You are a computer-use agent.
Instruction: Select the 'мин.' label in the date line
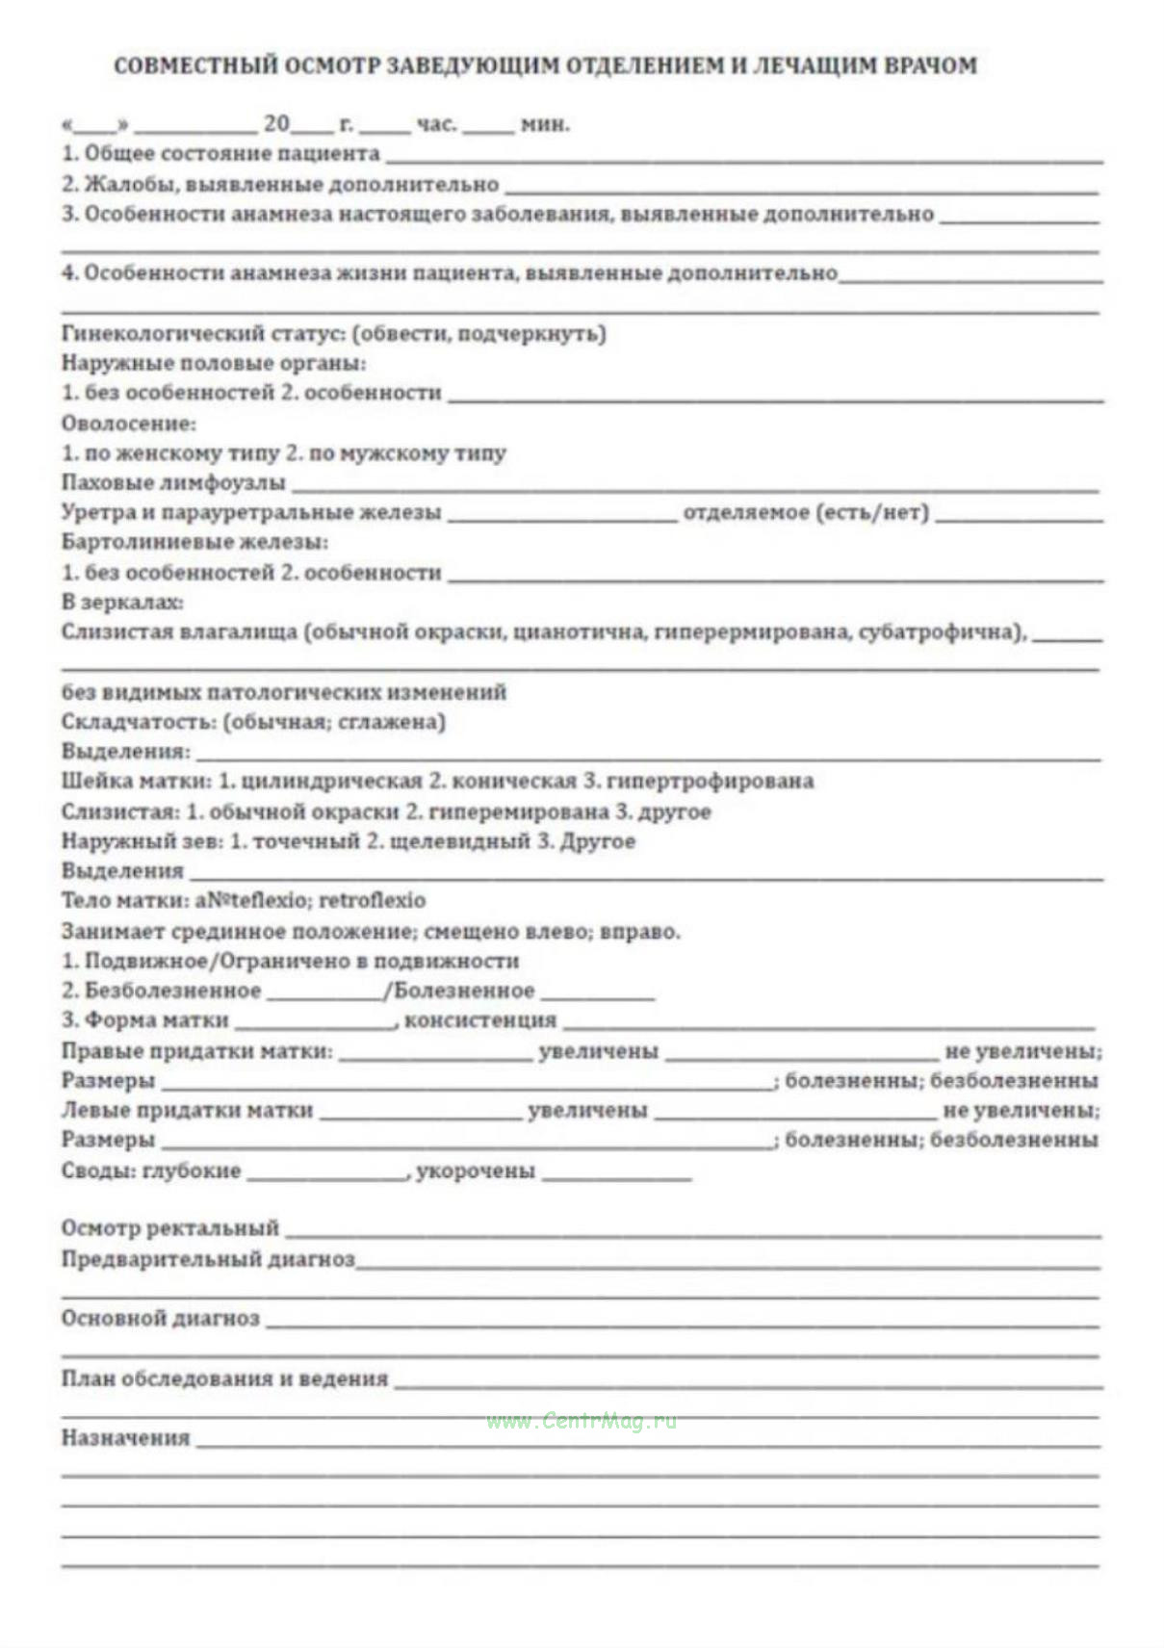click(x=544, y=125)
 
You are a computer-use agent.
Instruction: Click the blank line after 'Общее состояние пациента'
click(x=741, y=157)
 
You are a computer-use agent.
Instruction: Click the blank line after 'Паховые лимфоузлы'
click(x=693, y=486)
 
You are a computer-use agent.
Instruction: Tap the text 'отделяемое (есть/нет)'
click(x=806, y=513)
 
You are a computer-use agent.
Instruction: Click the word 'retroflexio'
click(x=372, y=901)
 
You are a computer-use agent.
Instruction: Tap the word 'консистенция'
click(x=479, y=1020)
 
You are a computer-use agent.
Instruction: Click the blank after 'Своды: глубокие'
click(x=327, y=1175)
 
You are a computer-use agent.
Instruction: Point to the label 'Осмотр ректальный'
click(x=169, y=1228)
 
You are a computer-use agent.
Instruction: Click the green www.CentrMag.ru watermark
click(x=581, y=1421)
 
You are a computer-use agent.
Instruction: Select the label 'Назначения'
click(x=125, y=1438)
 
